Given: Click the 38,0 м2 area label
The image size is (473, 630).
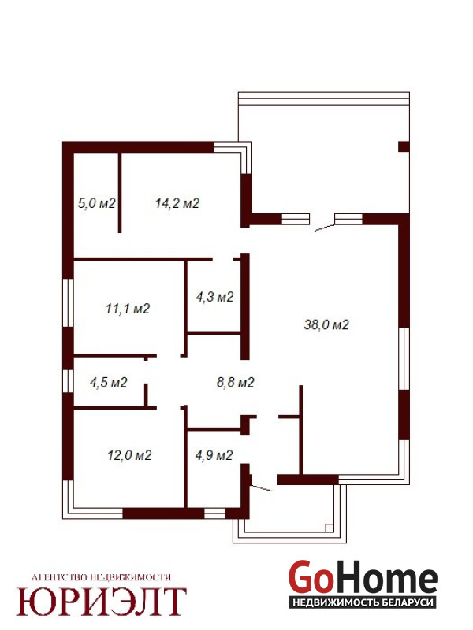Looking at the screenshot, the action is [326, 324].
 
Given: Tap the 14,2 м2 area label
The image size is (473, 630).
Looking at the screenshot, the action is [177, 203].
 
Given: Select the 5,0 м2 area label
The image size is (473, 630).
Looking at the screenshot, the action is [96, 203].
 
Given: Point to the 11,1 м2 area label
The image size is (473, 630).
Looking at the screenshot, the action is [128, 309].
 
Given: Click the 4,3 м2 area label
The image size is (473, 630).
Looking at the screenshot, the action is [214, 297].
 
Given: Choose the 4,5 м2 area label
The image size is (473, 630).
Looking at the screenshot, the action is [109, 382].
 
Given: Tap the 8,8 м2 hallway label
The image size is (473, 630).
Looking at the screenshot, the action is [236, 382].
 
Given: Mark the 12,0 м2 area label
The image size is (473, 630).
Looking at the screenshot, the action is [129, 455].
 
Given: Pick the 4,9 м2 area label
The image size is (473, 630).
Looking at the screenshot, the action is [214, 455].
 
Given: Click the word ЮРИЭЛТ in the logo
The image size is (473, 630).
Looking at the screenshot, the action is [102, 602].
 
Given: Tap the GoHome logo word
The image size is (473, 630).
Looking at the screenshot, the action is [363, 577].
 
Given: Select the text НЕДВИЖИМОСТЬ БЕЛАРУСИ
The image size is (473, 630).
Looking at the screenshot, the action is [363, 602].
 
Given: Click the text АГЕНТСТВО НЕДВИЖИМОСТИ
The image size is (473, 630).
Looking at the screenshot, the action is [102, 577].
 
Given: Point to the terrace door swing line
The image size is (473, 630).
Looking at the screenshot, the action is [324, 228].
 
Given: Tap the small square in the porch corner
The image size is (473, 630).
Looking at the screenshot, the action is [330, 528].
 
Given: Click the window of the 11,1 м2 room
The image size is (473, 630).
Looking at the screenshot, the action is [69, 303].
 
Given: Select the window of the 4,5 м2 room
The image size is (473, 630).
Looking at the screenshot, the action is [69, 380].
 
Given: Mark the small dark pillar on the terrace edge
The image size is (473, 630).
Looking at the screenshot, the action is [404, 146].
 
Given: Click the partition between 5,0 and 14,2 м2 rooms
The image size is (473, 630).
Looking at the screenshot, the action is [120, 192].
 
